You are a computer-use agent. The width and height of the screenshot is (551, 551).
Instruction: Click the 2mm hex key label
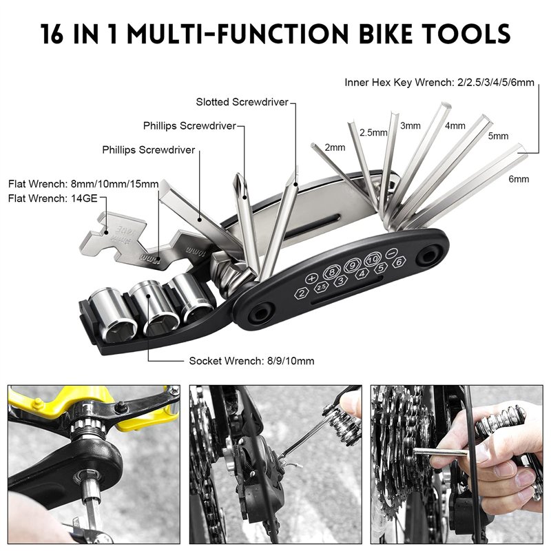(334, 147)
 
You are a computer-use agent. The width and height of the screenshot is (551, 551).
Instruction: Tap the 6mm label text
(519, 179)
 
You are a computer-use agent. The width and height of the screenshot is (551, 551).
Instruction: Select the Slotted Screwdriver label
(242, 102)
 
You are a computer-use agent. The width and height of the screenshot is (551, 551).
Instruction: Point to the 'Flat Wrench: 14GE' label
(53, 198)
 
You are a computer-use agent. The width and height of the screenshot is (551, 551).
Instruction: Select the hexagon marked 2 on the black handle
(301, 293)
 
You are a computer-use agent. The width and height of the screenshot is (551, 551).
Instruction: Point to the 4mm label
(455, 126)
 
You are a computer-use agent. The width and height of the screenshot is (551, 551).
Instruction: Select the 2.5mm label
(373, 132)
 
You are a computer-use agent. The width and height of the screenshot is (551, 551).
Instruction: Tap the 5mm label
(498, 136)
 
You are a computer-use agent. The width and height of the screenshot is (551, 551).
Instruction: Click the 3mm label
(410, 126)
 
